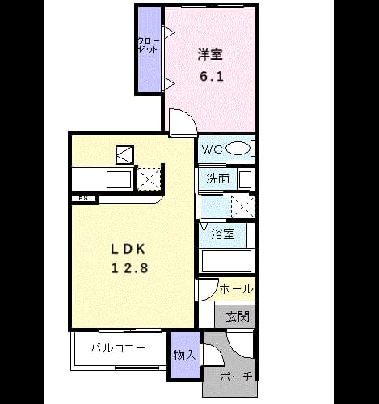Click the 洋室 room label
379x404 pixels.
210,55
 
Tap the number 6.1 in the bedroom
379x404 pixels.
212,77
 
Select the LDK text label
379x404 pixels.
128,249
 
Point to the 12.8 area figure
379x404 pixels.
130,268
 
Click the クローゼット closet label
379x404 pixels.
148,46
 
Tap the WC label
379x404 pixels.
213,149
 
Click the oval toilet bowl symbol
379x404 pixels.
238,149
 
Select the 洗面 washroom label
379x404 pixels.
217,179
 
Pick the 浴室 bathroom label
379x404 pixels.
222,234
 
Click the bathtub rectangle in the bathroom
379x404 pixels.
226,261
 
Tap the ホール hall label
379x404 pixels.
237,289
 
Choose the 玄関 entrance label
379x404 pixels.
238,317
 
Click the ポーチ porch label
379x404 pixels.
236,377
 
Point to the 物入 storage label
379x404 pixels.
185,356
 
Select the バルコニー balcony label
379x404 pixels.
118,348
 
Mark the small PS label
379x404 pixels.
83,199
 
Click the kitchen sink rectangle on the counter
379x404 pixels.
119,179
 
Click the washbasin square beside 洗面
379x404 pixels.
245,179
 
